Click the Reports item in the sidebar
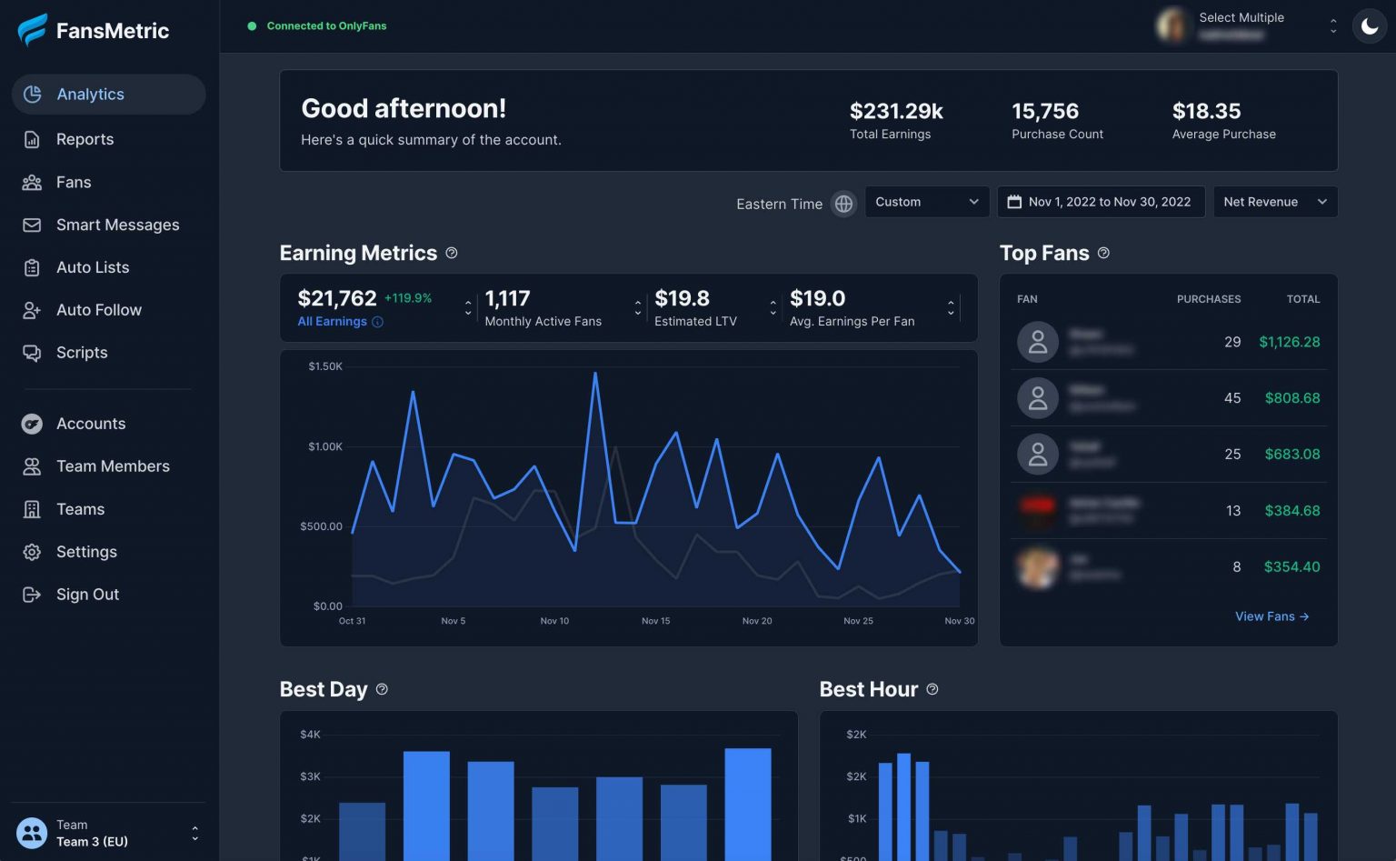(x=85, y=139)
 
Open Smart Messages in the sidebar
(x=117, y=225)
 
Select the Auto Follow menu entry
(x=98, y=310)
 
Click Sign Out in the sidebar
(x=87, y=595)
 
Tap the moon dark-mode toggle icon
(x=1369, y=26)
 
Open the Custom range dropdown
(x=926, y=202)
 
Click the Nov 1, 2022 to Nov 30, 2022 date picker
(x=1100, y=202)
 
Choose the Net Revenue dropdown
(x=1274, y=202)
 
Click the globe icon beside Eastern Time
(x=843, y=204)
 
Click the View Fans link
(x=1271, y=616)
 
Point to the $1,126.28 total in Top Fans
(x=1289, y=342)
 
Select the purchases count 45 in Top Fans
(x=1231, y=398)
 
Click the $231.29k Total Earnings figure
(x=895, y=111)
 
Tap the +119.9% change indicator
(x=408, y=298)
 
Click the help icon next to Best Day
(x=382, y=689)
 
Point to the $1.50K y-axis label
(x=325, y=366)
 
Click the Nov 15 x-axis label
(x=655, y=621)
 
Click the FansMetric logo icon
(x=33, y=30)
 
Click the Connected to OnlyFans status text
(x=326, y=26)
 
